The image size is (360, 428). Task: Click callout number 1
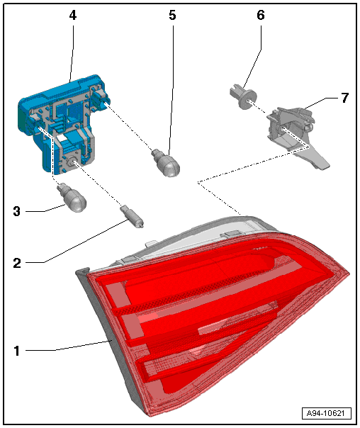17,351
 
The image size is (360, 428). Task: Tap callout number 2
17,263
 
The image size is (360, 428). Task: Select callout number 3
17,211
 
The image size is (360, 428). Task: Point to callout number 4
72,16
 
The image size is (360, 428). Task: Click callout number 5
172,15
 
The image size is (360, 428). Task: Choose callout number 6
261,15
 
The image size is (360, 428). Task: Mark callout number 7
345,98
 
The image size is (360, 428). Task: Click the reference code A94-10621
326,413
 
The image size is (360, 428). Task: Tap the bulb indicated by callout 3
72,198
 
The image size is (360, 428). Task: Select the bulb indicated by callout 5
166,163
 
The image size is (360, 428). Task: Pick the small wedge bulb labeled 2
132,216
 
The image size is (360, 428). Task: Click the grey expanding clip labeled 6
243,96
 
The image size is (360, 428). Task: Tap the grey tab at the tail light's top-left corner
82,271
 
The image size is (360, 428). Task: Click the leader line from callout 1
69,346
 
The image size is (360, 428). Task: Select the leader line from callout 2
77,242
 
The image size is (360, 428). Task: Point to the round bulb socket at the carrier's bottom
72,162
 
